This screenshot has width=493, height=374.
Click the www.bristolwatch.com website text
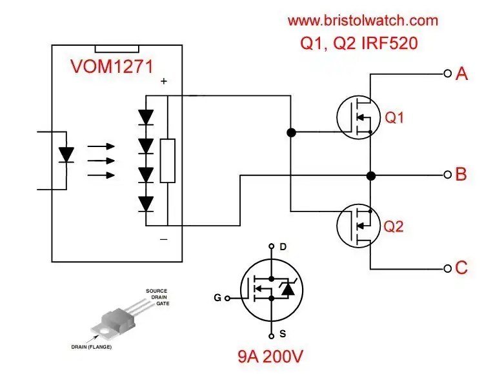[x=362, y=20]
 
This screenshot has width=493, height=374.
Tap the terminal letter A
[x=461, y=74]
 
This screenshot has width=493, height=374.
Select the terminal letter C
[x=461, y=268]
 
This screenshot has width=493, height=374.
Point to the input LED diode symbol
[x=66, y=155]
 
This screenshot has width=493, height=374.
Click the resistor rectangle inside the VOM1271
[x=168, y=161]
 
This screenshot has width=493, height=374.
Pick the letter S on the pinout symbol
[x=282, y=334]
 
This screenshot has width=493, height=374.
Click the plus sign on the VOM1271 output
[x=164, y=82]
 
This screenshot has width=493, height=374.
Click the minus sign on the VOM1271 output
[x=164, y=239]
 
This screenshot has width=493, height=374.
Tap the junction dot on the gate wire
[x=291, y=133]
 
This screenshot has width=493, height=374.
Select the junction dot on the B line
[x=371, y=175]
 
